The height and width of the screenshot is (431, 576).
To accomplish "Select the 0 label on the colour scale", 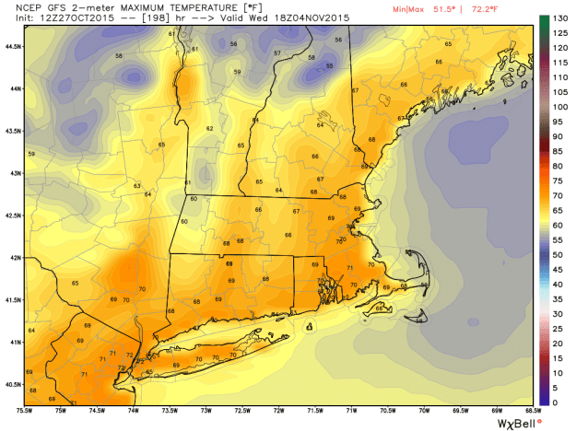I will click(x=556, y=402).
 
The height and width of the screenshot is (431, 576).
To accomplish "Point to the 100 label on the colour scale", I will click(x=558, y=108).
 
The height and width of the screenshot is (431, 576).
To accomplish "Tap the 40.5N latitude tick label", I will click(x=12, y=384).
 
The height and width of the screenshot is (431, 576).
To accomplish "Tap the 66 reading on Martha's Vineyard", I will click(x=379, y=309).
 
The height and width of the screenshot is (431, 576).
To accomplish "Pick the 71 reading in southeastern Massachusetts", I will click(x=349, y=268).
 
